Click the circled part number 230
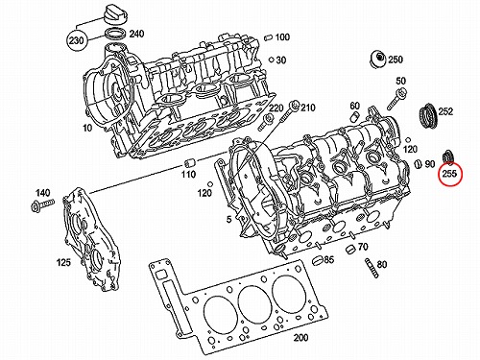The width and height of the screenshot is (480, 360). [76, 40]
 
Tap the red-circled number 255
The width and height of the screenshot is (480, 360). [449, 174]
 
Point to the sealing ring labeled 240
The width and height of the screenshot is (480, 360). [114, 34]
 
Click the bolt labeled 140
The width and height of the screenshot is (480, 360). [42, 204]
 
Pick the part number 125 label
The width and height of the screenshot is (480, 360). [63, 262]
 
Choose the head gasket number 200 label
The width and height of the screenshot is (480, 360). [300, 337]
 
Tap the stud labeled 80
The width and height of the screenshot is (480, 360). [372, 268]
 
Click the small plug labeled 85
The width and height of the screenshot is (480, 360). [317, 260]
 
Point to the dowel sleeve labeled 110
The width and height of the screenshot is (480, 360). [189, 163]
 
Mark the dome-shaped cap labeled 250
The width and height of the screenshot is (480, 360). [377, 60]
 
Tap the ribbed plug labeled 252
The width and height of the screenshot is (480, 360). [428, 115]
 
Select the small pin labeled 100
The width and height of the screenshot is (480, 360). [269, 37]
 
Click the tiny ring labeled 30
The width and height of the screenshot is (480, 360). [271, 60]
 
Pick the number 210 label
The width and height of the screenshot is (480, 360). [307, 108]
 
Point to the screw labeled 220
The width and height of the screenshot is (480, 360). [265, 122]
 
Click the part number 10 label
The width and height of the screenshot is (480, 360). [87, 128]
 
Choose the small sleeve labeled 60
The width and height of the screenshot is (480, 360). [354, 117]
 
